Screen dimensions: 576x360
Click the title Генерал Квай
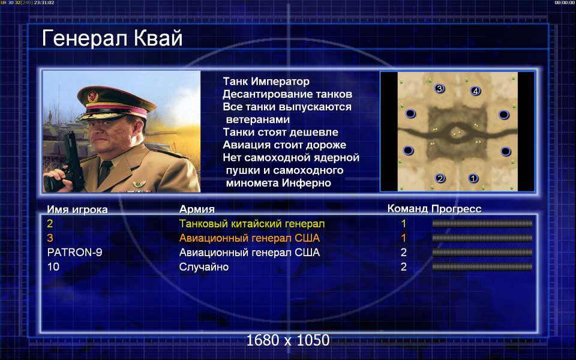[x=112, y=38]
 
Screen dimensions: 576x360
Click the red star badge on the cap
[x=92, y=97]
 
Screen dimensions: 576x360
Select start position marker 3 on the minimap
[x=439, y=88]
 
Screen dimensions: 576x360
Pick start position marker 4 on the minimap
[x=475, y=91]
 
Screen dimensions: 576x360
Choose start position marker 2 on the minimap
[x=440, y=179]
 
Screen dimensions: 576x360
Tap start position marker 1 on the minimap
[x=473, y=178]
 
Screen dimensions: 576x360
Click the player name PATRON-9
[x=74, y=253]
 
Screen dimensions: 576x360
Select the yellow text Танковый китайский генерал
[x=252, y=224]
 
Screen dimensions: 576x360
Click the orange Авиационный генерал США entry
[x=250, y=238]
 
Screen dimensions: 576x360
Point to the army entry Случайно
[x=204, y=266]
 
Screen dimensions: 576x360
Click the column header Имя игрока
[x=77, y=210]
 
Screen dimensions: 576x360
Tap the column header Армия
[x=197, y=209]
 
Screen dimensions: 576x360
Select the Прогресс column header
[x=456, y=209]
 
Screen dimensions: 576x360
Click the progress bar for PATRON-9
[x=482, y=253]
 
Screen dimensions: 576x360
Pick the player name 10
[x=53, y=266]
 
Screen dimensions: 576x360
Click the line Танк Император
[x=266, y=81]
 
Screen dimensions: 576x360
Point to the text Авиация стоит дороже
[x=284, y=145]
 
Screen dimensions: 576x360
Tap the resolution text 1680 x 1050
[x=288, y=340]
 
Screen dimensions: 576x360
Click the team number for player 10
[x=403, y=266]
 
